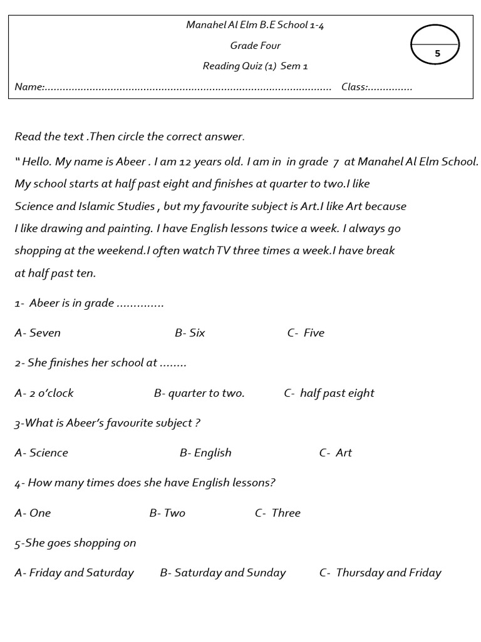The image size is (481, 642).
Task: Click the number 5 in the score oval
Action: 437,54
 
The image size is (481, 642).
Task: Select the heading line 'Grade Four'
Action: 255,46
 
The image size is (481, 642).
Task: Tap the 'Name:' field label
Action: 29,87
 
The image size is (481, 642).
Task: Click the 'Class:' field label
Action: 354,87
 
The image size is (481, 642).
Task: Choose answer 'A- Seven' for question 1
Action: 38,333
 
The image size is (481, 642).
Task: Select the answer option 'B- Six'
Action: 190,333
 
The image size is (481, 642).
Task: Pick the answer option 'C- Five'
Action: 306,333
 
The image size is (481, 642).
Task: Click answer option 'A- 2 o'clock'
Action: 44,393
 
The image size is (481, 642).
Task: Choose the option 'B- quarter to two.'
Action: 199,393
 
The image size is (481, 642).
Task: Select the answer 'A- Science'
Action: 41,453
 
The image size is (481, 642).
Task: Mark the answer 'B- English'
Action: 205,453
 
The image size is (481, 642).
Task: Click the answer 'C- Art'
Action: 336,453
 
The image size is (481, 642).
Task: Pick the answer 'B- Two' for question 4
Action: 167,513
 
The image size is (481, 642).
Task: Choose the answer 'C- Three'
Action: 277,513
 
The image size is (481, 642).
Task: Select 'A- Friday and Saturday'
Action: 74,572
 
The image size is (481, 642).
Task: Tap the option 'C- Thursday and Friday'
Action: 380,572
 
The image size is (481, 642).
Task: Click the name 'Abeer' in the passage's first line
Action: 130,162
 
